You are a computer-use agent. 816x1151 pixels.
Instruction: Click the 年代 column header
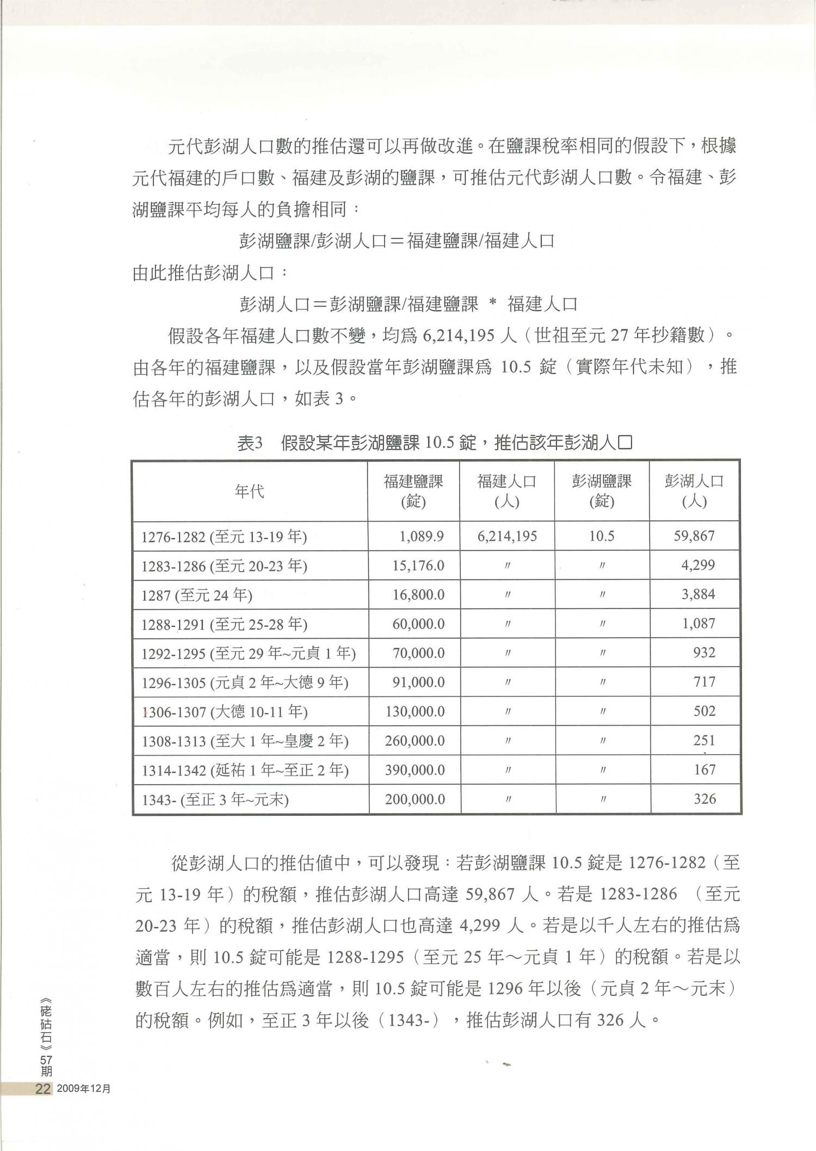click(x=250, y=491)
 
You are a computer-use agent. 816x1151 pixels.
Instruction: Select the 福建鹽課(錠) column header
click(x=413, y=491)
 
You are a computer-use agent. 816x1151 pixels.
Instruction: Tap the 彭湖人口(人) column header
click(x=694, y=491)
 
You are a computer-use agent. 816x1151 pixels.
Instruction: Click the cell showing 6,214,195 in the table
click(x=507, y=537)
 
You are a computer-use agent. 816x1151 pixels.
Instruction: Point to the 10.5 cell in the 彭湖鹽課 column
click(x=601, y=537)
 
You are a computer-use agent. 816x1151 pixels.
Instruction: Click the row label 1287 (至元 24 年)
click(x=197, y=595)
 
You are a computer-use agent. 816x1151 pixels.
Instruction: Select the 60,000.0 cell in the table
click(x=418, y=624)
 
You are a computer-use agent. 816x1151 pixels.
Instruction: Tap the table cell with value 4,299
click(x=698, y=565)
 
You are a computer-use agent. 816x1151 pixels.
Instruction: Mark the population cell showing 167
click(x=704, y=770)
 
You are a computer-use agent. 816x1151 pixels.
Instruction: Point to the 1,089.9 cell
click(x=421, y=537)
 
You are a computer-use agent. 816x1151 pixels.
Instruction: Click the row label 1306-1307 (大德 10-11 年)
click(x=225, y=712)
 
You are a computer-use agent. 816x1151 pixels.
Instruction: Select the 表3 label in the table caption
click(x=250, y=444)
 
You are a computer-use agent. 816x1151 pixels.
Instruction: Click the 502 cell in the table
click(x=704, y=711)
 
